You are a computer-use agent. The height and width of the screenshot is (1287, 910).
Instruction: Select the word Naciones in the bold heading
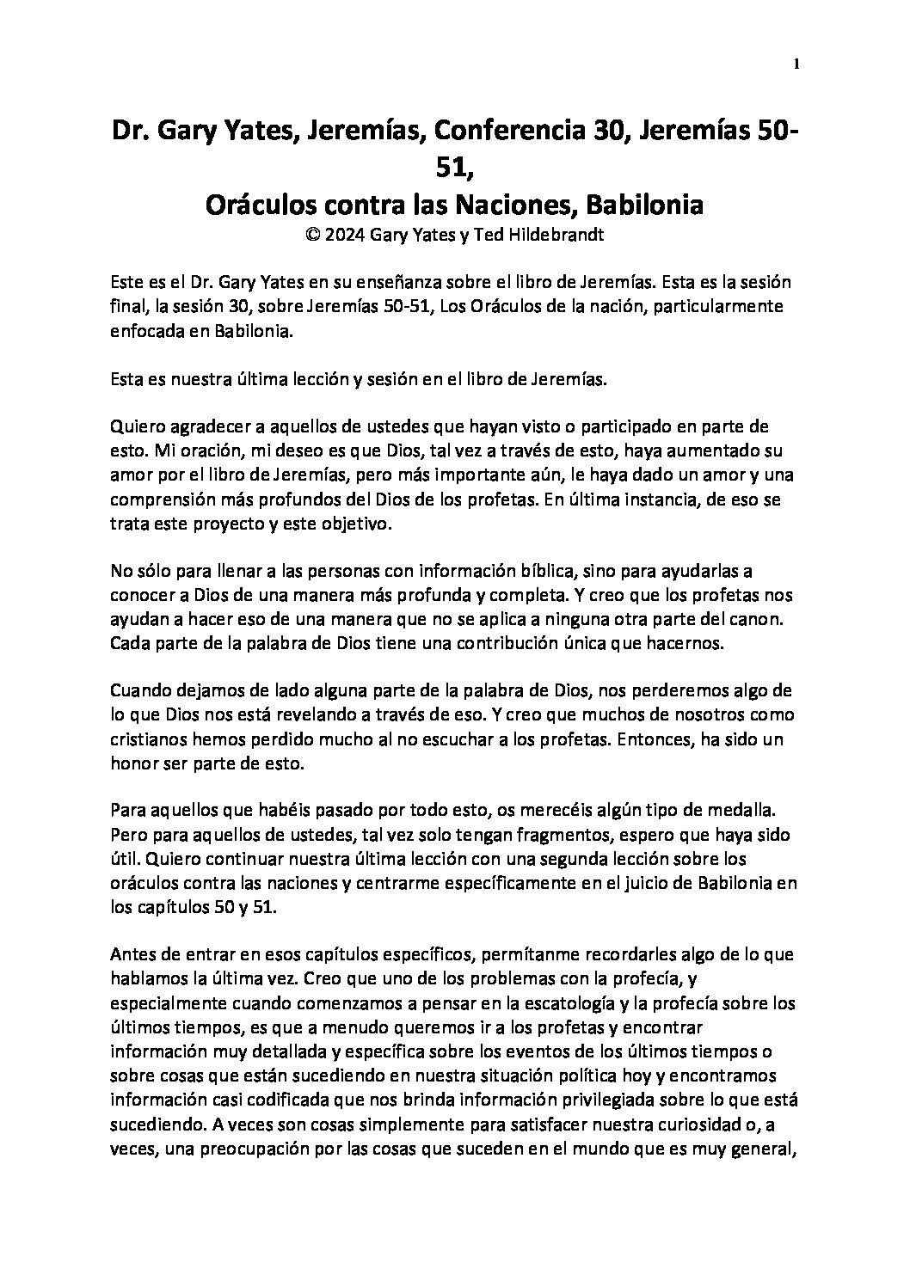click(x=514, y=205)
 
